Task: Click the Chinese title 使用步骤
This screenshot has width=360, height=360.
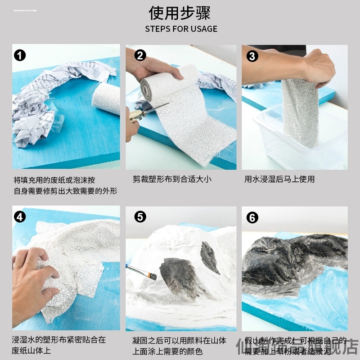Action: click(x=180, y=12)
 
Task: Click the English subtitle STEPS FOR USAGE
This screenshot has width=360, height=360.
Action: click(x=181, y=29)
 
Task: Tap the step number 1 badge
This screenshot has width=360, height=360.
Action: click(x=20, y=56)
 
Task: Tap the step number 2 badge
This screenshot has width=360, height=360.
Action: click(x=140, y=56)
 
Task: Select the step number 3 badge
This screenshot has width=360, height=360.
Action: click(x=252, y=56)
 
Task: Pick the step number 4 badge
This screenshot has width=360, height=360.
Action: click(x=20, y=217)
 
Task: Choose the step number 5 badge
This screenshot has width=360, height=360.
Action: click(x=140, y=217)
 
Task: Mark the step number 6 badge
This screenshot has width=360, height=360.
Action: click(x=252, y=218)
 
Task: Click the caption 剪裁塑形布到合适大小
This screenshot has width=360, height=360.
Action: click(x=172, y=179)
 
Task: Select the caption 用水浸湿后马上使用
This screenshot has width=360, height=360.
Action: click(x=279, y=179)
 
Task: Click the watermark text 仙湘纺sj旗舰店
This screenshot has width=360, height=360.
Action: click(x=297, y=347)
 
